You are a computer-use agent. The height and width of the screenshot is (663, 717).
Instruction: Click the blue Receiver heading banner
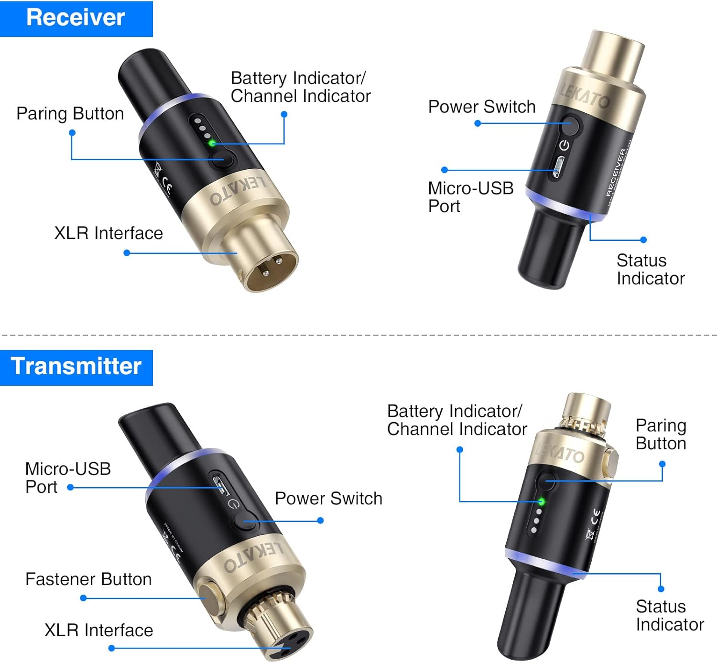(76, 18)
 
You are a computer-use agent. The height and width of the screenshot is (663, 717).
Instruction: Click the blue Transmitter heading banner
(76, 367)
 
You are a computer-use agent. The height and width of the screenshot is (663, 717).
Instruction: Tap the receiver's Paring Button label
(70, 114)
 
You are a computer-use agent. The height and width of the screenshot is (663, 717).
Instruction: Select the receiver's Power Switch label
(481, 107)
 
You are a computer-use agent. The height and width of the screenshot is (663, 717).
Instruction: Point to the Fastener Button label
(88, 579)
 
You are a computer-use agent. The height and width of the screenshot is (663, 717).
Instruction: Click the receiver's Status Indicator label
(650, 269)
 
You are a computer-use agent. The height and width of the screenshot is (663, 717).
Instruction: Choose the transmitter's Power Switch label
(328, 499)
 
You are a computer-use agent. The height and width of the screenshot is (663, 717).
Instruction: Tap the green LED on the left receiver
(211, 143)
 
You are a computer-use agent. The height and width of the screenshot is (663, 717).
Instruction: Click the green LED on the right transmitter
(541, 501)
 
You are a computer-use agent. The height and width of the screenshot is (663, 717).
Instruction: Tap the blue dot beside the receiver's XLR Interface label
(127, 253)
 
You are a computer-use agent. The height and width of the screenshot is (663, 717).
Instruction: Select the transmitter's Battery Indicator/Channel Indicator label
(456, 420)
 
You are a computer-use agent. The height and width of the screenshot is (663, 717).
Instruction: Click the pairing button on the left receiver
(222, 159)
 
